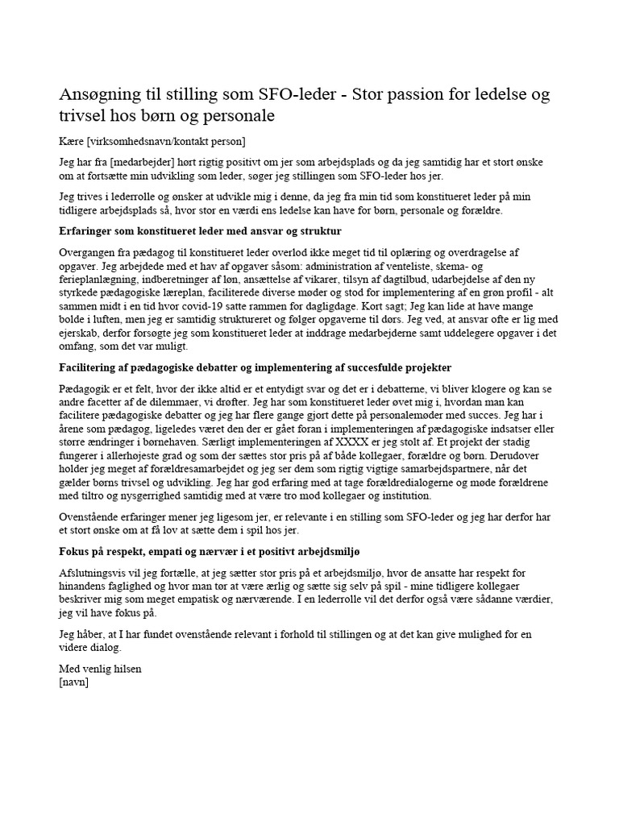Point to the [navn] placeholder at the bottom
click(74, 682)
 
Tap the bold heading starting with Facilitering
click(255, 367)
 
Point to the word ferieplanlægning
click(99, 278)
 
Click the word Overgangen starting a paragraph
click(90, 251)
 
